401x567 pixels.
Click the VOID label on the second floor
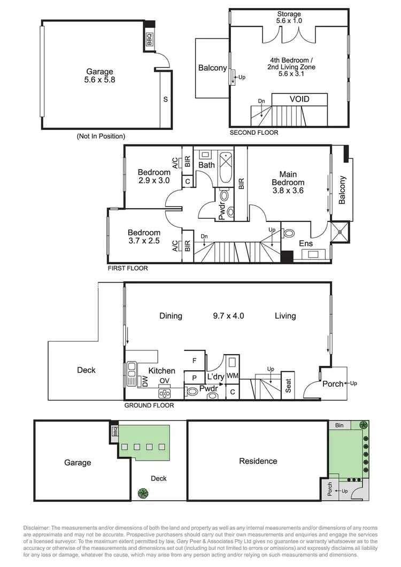pos(299,99)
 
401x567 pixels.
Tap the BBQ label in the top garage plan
pos(150,40)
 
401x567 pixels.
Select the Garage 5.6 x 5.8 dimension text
pos(100,80)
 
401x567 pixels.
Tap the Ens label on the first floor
pos(306,243)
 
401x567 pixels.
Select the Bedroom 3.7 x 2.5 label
pos(144,237)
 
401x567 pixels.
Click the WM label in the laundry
pos(233,377)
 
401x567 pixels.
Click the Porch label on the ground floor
pos(333,383)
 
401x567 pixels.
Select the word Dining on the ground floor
pos(171,316)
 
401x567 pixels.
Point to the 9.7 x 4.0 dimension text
pos(228,316)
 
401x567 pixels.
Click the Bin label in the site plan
pos(339,425)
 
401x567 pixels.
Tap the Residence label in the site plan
pos(258,461)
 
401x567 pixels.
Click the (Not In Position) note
pos(101,136)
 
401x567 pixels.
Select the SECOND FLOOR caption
pos(253,133)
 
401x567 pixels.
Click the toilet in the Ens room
pos(289,234)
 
